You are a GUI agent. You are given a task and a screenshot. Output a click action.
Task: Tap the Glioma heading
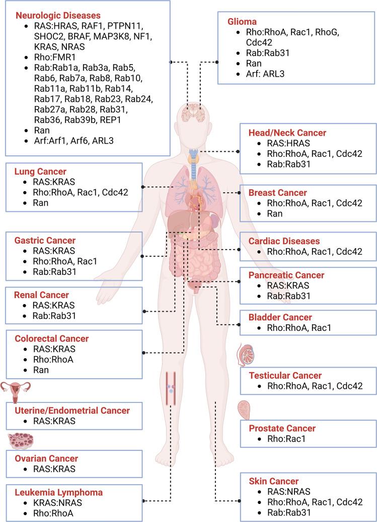(x=243, y=22)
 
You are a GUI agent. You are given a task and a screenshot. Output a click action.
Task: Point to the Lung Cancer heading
(x=41, y=171)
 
